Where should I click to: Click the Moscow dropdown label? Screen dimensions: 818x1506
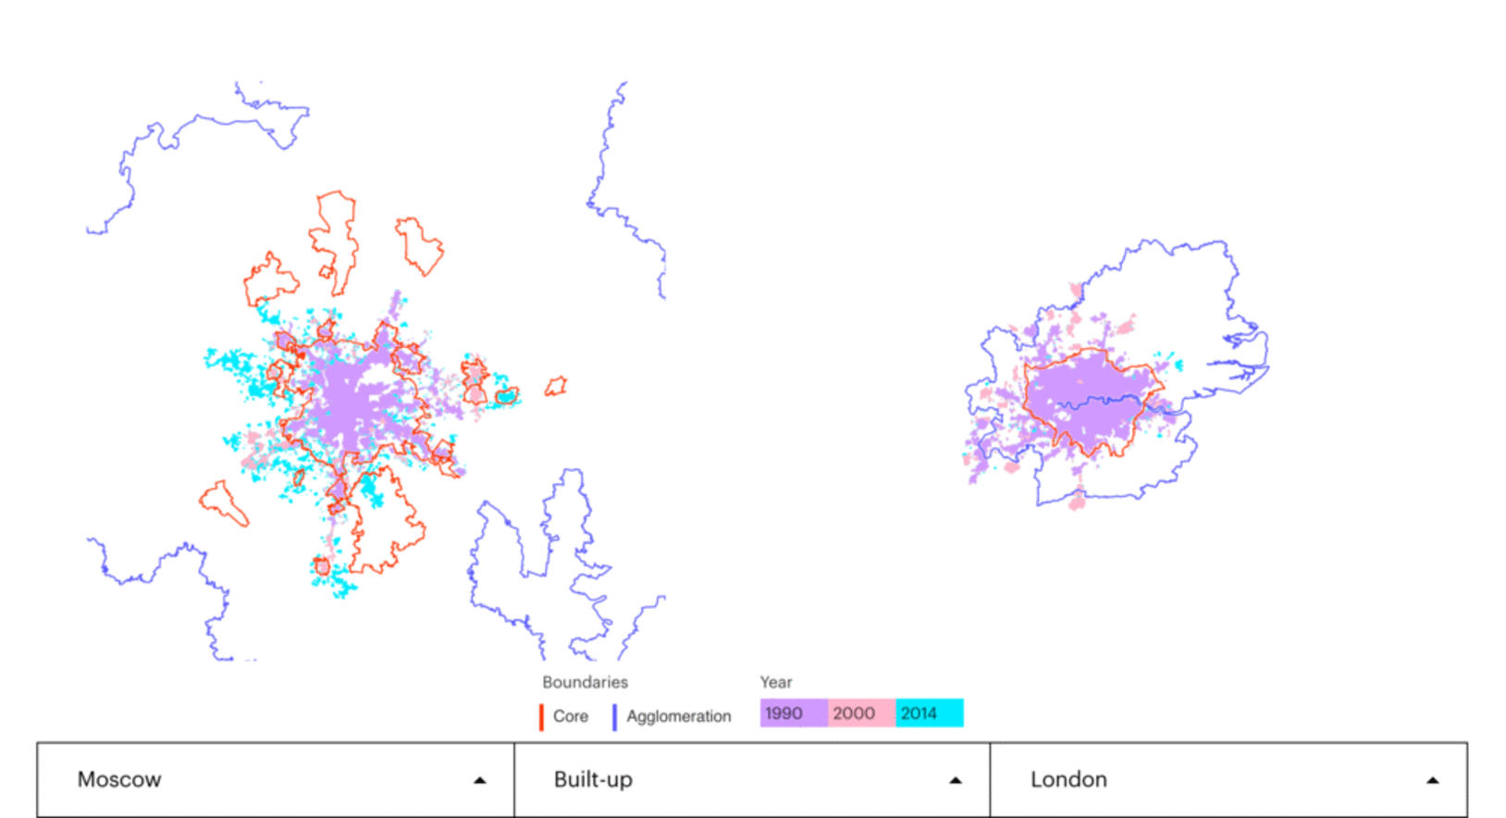[119, 779]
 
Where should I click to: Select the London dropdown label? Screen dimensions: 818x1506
[1068, 779]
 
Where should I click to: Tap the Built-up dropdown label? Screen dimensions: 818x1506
[593, 779]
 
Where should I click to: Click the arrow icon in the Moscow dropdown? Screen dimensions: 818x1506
[479, 780]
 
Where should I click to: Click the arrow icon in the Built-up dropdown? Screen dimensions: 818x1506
[956, 780]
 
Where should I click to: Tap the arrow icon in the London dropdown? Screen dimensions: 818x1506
[1432, 780]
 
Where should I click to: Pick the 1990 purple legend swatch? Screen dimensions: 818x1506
[793, 713]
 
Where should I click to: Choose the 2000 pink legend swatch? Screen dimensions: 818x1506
[860, 713]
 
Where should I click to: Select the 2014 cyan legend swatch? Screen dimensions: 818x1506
[929, 713]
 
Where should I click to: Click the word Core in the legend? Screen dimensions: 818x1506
[570, 716]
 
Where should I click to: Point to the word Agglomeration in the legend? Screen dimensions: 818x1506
[678, 716]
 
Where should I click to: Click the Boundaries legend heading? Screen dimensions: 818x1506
[585, 682]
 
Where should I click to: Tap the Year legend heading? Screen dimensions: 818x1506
[775, 682]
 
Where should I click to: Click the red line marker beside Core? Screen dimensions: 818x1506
[541, 717]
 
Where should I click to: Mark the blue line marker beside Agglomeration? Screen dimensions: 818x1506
[614, 717]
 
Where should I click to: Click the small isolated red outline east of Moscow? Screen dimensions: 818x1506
[555, 387]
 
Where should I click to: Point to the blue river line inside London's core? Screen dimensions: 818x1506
[1101, 403]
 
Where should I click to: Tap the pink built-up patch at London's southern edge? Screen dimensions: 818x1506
[1077, 502]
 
